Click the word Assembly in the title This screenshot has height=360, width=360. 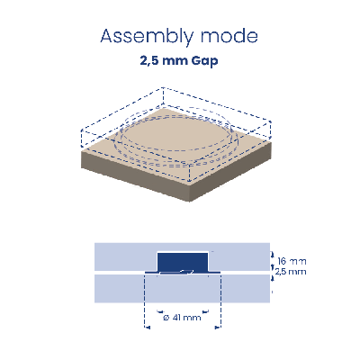pos(147,37)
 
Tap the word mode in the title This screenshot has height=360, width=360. pos(229,36)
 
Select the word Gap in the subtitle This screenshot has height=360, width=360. pos(204,61)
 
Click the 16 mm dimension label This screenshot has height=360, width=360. pos(292,261)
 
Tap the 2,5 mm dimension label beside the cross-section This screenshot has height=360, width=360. pos(291,272)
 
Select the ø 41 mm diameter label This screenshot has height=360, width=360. pos(182,317)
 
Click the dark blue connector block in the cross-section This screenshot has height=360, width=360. pos(183,262)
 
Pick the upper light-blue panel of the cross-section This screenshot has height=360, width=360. pos(182,256)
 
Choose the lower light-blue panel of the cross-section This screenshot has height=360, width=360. pos(182,289)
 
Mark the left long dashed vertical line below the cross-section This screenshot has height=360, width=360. pos(145,300)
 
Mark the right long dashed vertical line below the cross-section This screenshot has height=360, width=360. pos(220,300)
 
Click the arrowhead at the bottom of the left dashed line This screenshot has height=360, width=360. pos(147,328)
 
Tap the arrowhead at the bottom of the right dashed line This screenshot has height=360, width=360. pos(218,328)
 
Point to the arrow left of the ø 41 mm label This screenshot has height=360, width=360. pos(160,311)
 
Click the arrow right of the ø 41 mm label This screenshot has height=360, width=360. pos(205,311)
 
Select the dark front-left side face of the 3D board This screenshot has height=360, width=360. pos(136,175)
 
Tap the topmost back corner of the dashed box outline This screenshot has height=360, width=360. pos(163,87)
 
